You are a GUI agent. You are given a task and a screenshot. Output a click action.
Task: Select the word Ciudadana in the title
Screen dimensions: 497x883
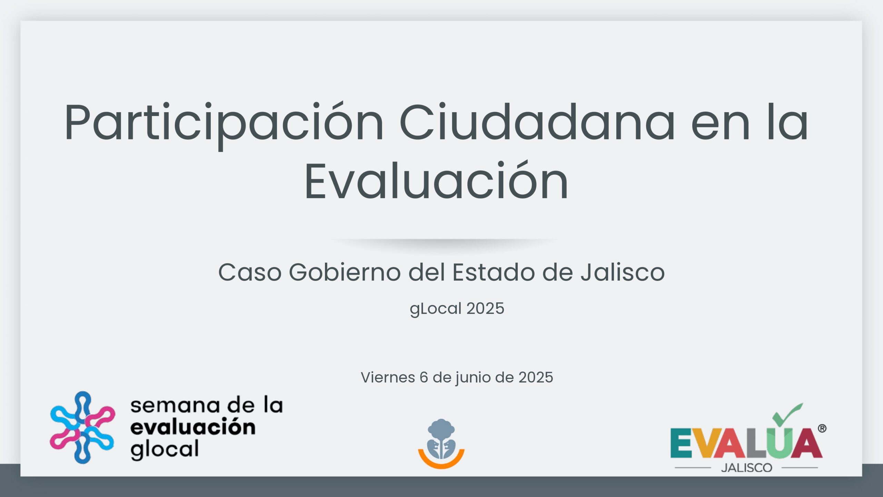coord(537,123)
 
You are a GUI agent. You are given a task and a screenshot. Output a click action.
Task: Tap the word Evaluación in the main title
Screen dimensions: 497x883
coord(436,182)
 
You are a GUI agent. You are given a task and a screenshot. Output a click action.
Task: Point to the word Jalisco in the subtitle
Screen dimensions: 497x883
coord(622,273)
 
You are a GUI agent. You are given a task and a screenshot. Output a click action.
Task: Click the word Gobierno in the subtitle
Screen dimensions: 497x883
coord(345,273)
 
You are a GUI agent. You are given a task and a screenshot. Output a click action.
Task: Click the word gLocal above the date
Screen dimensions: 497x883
coord(435,309)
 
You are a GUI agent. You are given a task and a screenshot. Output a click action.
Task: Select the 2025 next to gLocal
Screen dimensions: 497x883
coord(485,309)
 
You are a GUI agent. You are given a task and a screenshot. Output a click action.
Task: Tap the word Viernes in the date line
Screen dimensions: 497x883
coord(388,377)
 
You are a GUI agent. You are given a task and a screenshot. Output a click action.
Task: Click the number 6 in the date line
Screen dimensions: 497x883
coord(424,377)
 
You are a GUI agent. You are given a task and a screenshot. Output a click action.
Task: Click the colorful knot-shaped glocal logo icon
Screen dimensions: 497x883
coord(82,427)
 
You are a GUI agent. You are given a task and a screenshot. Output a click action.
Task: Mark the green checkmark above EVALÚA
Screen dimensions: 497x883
coord(787,414)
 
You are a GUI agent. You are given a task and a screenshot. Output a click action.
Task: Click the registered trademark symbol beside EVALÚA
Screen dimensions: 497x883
coord(822,429)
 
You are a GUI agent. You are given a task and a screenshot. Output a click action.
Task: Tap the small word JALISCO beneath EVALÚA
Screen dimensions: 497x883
coord(746,468)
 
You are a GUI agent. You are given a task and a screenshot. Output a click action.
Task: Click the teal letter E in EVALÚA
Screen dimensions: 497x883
coord(681,443)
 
